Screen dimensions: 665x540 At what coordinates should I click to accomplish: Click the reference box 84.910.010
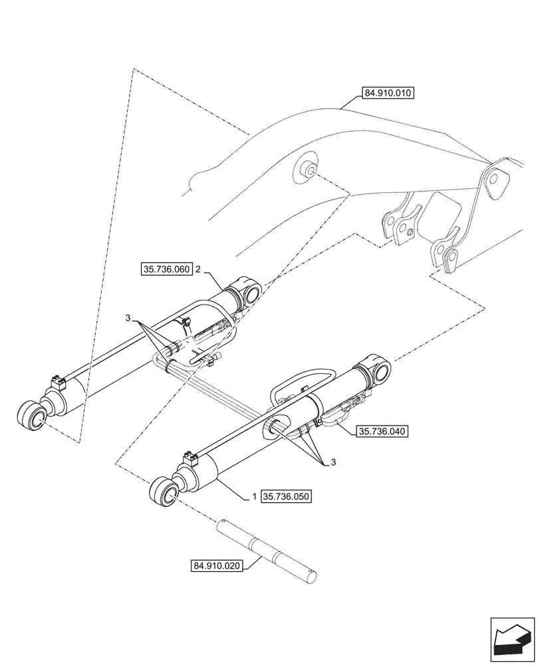(388, 94)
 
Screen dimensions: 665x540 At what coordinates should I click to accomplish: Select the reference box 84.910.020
(217, 566)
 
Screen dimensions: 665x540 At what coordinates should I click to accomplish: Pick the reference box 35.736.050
(287, 496)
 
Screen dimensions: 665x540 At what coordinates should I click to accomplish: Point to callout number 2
(199, 269)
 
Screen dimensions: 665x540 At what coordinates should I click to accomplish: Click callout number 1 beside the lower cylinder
(254, 497)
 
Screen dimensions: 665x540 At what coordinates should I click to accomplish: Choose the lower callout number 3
(333, 462)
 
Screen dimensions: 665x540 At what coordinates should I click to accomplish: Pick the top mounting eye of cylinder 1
(376, 368)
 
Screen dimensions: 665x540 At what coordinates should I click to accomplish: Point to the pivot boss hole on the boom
(308, 169)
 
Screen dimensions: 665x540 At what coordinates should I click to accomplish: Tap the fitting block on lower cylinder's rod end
(190, 458)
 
